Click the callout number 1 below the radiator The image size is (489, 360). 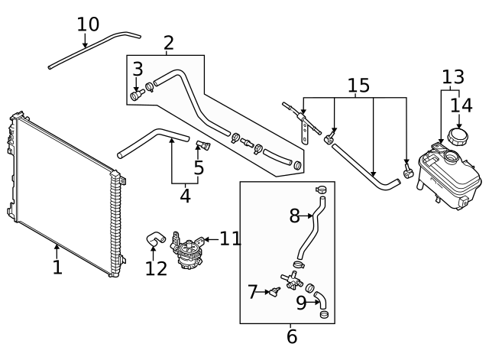pos(57,268)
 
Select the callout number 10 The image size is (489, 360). pos(88,24)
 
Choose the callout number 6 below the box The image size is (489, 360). pos(292,336)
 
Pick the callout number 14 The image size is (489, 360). pos(459,105)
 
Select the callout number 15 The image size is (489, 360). pos(358,86)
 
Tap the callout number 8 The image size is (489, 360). pos(294,216)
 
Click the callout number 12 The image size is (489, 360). pos(156,268)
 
